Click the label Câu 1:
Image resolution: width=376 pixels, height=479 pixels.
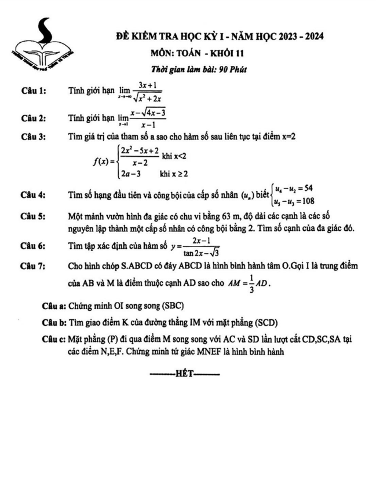tap(33, 91)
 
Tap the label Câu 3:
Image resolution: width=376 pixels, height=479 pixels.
tap(33, 137)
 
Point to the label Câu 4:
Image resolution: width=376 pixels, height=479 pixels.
tap(33, 195)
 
